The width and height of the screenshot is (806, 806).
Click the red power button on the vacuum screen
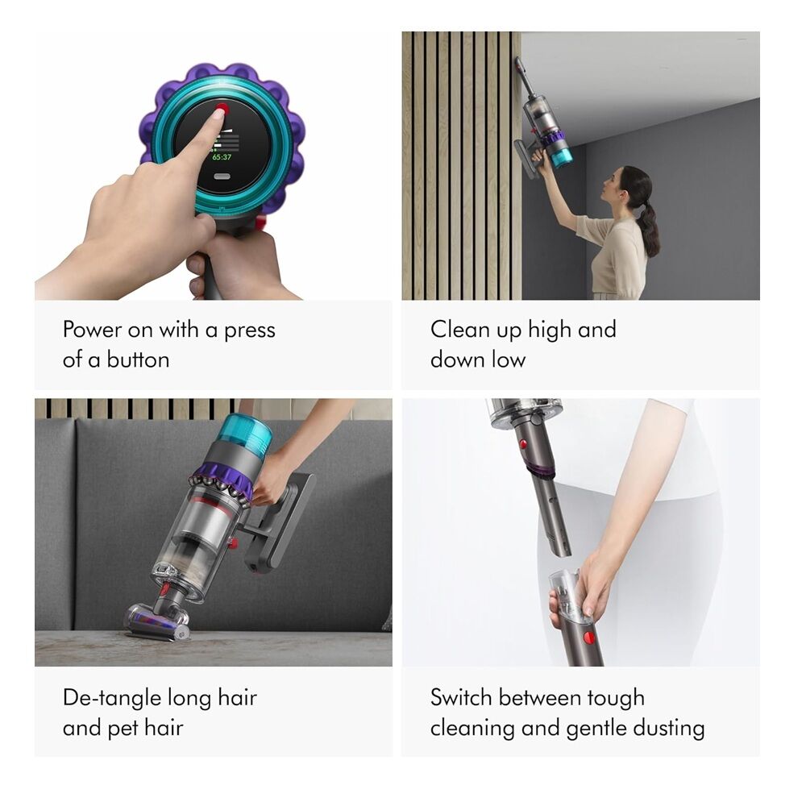pyautogui.click(x=222, y=108)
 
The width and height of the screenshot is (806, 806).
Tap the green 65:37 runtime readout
pyautogui.click(x=222, y=157)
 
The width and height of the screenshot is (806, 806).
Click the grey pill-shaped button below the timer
pyautogui.click(x=222, y=177)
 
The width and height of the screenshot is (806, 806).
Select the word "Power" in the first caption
pyautogui.click(x=92, y=329)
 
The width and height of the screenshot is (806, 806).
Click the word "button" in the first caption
pyautogui.click(x=139, y=359)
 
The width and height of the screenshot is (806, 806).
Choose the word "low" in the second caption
pyautogui.click(x=509, y=359)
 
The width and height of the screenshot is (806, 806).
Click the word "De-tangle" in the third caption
pyautogui.click(x=110, y=699)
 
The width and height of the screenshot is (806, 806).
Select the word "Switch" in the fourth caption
pyautogui.click(x=461, y=697)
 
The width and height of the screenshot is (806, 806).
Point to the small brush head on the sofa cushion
pyautogui.click(x=158, y=621)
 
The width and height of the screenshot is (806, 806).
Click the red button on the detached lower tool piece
pyautogui.click(x=589, y=638)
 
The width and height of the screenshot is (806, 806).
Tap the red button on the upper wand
pyautogui.click(x=523, y=443)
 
